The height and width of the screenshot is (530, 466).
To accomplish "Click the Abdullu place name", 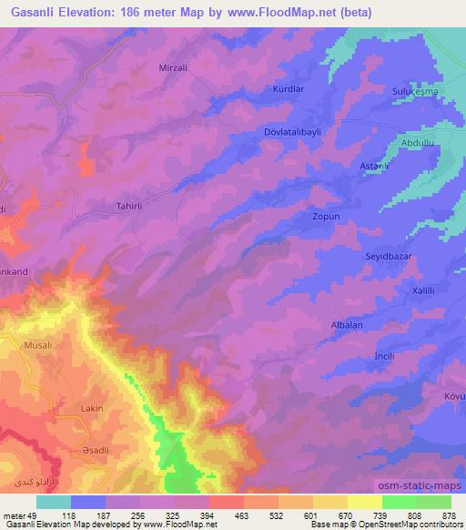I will tap(417, 143).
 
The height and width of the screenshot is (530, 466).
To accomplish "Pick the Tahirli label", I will tap(131, 206).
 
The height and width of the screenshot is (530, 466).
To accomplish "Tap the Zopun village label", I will tap(326, 218).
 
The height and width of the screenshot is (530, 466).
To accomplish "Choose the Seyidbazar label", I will tap(389, 256).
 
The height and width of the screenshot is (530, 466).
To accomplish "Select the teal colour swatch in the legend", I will tap(54, 502).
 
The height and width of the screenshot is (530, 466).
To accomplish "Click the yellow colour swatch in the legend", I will tap(365, 502).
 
